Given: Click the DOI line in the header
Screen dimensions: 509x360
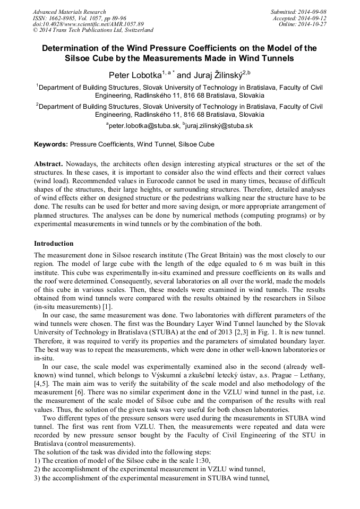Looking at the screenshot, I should (x=88, y=24).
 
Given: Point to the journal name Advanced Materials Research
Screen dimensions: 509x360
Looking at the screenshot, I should (x=69, y=12).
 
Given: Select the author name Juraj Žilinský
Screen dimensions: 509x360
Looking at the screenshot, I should (x=215, y=75).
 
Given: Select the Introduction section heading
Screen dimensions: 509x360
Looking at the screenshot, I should (x=54, y=244).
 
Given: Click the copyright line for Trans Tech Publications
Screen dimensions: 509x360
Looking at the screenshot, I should (x=93, y=30).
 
